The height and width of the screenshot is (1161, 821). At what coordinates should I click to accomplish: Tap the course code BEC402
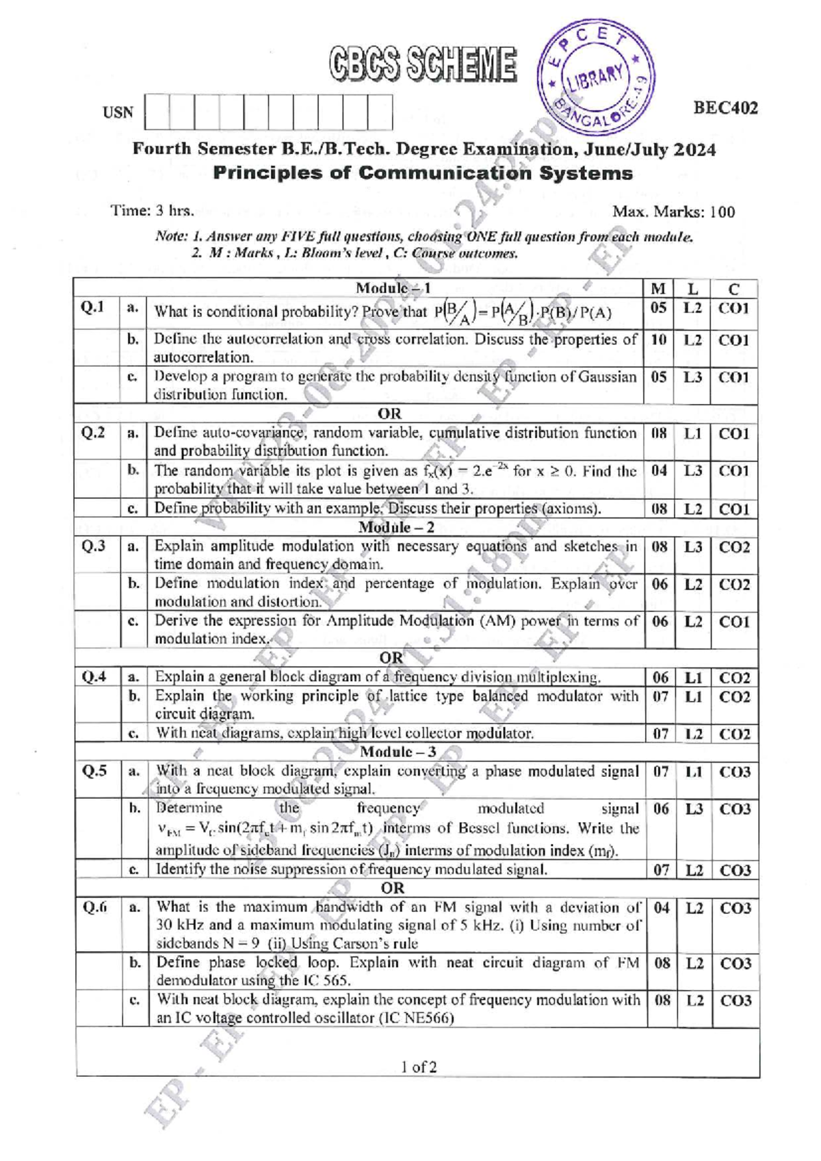pos(725,108)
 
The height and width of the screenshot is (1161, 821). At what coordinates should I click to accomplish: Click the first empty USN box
pos(157,112)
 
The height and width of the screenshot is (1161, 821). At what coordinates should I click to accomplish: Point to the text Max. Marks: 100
pos(673,212)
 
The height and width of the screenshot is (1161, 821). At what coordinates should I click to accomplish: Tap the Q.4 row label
pos(94,677)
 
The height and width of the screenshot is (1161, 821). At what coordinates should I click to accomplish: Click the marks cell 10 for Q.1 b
pos(658,340)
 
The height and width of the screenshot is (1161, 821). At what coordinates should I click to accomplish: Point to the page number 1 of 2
pos(419,1067)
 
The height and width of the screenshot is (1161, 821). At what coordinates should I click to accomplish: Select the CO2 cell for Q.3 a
pos(733,548)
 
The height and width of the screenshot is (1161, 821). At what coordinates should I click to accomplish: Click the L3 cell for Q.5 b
pos(694,809)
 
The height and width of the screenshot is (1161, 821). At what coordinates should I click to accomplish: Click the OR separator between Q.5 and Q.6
pos(392,889)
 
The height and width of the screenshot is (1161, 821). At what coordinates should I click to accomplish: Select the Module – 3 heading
pos(397,752)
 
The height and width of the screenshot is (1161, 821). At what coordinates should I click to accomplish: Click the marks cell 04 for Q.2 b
pos(658,471)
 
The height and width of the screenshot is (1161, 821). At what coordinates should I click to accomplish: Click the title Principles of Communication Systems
pos(423,173)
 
